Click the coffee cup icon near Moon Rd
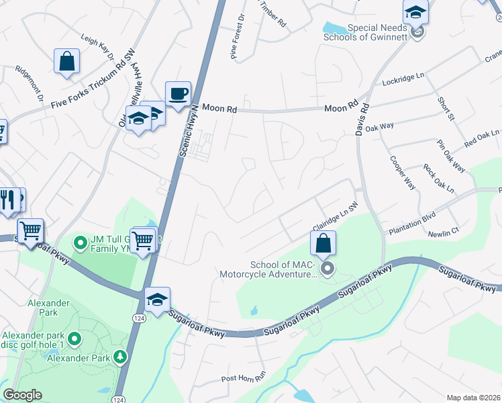coord(178,94)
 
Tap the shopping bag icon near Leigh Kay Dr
coord(67,62)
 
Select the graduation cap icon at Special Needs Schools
coord(415,12)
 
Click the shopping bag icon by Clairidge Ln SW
coord(323,243)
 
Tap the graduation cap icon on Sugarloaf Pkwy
coord(157,300)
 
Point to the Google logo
coord(22,395)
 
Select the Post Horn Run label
coord(244,378)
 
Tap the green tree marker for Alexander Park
coord(121,357)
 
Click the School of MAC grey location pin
coord(328,269)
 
